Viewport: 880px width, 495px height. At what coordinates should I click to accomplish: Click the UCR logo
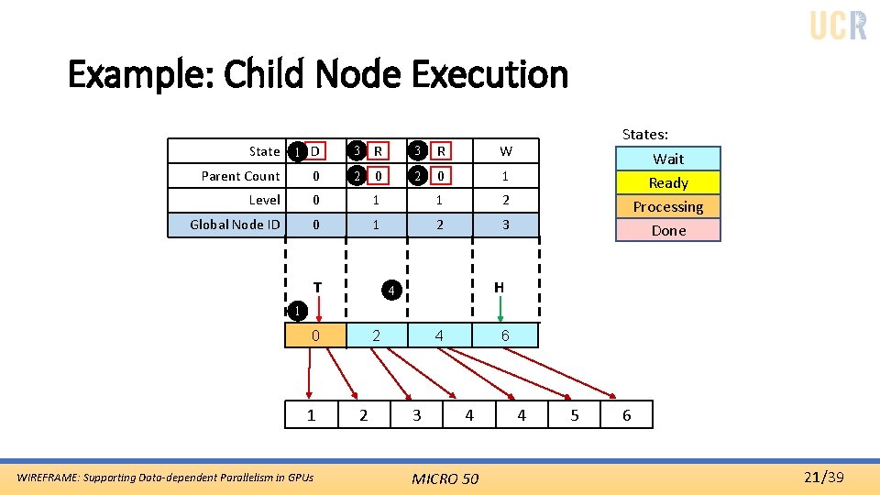tap(838, 25)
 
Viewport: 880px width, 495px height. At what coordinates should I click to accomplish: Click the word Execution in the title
tap(490, 74)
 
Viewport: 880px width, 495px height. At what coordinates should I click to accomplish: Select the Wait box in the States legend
tap(668, 159)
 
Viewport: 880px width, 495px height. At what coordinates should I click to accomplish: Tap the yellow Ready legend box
tap(668, 182)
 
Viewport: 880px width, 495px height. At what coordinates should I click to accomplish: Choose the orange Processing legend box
tap(668, 206)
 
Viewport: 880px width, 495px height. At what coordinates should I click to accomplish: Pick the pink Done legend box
tap(668, 230)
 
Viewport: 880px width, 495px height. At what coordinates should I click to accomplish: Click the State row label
tap(264, 151)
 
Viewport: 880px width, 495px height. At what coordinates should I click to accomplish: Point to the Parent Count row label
tap(240, 176)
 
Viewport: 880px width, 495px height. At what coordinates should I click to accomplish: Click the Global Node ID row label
tap(235, 225)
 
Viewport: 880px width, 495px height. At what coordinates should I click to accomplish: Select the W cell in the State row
tap(506, 151)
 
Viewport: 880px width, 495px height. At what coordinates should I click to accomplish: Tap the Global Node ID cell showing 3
tap(506, 225)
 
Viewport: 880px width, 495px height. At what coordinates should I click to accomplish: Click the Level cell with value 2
tap(506, 200)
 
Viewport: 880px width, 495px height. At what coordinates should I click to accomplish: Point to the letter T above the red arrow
tap(317, 287)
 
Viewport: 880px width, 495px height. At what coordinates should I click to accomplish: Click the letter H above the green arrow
tap(499, 287)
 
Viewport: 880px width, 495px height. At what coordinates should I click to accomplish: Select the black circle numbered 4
tap(390, 291)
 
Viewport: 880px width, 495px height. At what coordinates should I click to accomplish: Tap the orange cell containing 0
tap(315, 335)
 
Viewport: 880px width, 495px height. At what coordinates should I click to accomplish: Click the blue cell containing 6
tap(505, 335)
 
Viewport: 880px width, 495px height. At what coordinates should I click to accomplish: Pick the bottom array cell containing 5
tap(575, 415)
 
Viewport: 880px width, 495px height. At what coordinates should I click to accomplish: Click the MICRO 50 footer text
tap(445, 478)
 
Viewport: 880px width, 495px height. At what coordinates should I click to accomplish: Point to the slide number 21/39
tap(822, 477)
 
